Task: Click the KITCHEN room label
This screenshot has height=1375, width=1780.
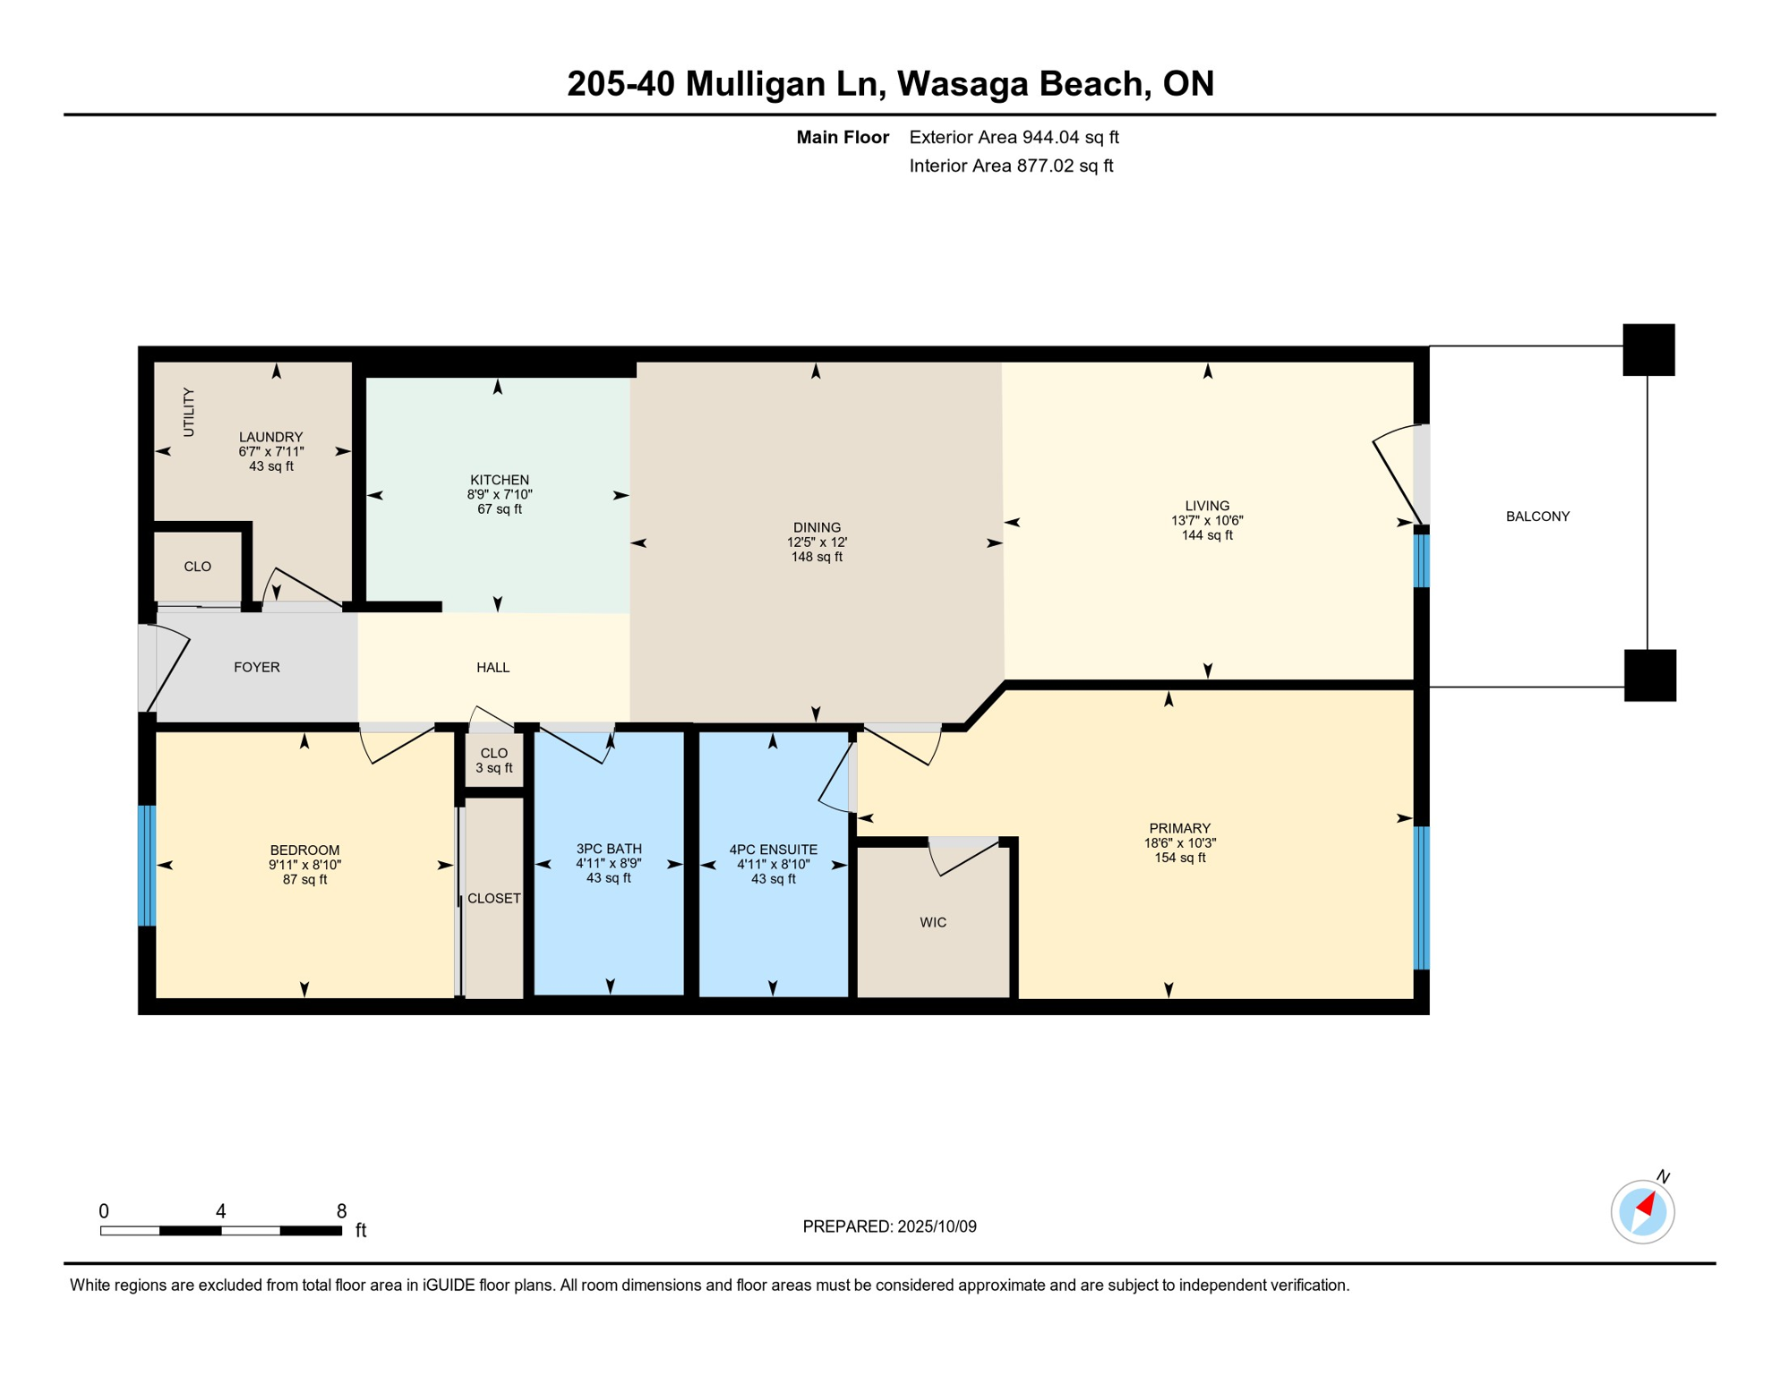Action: [x=500, y=480]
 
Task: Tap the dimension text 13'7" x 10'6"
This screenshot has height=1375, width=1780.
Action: [x=1207, y=520]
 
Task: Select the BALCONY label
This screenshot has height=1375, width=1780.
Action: [x=1537, y=517]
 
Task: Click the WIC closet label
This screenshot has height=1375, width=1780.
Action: [x=933, y=922]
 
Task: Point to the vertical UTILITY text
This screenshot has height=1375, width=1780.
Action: [x=189, y=412]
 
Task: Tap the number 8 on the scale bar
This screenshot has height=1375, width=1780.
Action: [x=341, y=1211]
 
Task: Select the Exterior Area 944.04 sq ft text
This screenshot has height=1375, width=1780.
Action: [x=1014, y=137]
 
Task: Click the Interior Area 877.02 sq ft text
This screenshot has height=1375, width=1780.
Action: [x=1011, y=166]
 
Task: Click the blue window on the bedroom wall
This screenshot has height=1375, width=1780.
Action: [x=148, y=865]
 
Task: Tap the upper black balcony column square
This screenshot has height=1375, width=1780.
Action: [x=1648, y=350]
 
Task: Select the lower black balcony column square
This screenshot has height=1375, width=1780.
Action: [x=1649, y=675]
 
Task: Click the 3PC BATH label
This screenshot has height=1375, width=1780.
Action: [x=609, y=849]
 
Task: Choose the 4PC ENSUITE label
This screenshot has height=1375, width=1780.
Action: [x=773, y=850]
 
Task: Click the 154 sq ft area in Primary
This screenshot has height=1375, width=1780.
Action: [x=1179, y=858]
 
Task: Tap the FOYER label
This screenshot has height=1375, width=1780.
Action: [x=257, y=667]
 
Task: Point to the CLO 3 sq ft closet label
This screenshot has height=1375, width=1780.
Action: [x=494, y=760]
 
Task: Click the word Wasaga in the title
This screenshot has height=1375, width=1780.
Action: [x=963, y=83]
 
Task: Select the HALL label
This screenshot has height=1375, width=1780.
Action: [x=493, y=667]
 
